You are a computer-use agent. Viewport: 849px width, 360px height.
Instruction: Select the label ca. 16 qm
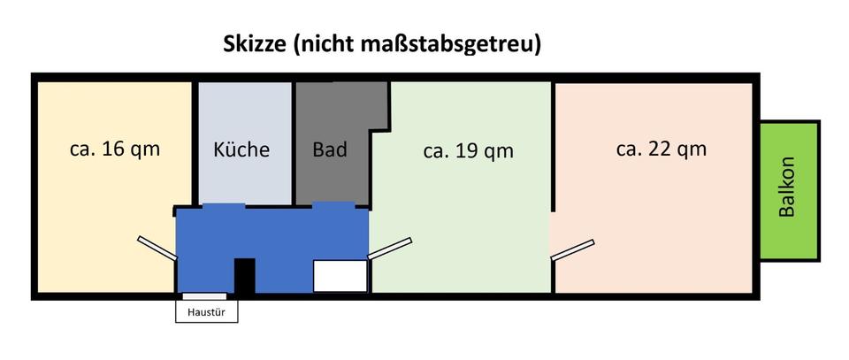115,148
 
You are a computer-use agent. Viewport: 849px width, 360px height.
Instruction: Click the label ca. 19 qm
468,150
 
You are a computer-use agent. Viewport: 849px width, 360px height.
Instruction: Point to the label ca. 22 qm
661,148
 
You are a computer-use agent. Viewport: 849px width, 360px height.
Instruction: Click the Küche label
241,149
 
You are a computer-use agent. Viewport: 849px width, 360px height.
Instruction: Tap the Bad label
330,149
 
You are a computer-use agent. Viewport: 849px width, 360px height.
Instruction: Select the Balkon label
788,188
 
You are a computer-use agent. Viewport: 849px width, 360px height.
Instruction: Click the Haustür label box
207,311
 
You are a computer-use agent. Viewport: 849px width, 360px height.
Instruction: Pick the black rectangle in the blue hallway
244,275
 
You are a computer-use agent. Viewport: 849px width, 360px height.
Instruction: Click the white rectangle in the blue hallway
340,276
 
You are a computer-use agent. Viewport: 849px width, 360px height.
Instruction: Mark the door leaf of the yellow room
157,248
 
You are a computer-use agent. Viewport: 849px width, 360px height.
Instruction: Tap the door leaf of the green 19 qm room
389,249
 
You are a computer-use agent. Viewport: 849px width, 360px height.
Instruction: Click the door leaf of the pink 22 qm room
572,249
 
